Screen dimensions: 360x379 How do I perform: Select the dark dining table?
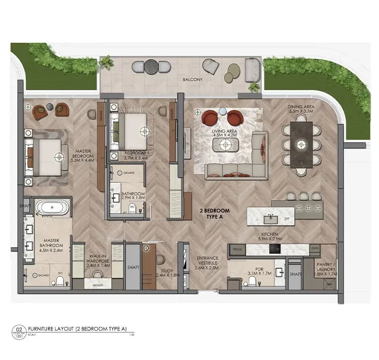tap(301, 145)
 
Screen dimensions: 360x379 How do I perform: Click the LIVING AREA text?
tap(225, 132)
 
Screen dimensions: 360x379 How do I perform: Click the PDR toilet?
tap(252, 281)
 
